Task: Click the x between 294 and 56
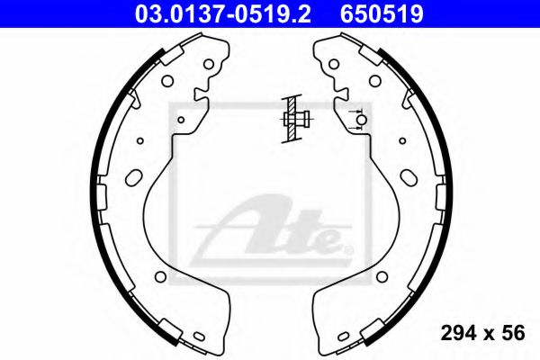484,334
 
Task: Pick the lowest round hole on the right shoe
382,276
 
